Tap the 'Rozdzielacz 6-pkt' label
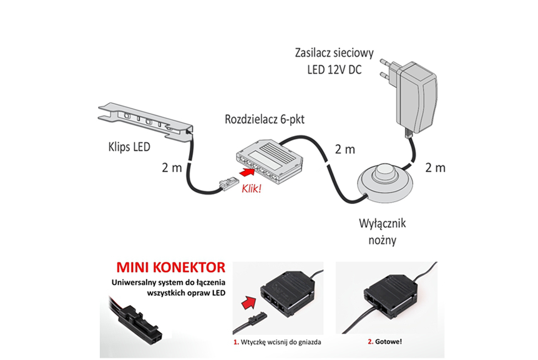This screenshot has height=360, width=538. pos(260,119)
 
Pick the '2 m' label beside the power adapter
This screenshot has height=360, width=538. pos(434,167)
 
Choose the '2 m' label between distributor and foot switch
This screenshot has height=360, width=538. pos(345,150)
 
